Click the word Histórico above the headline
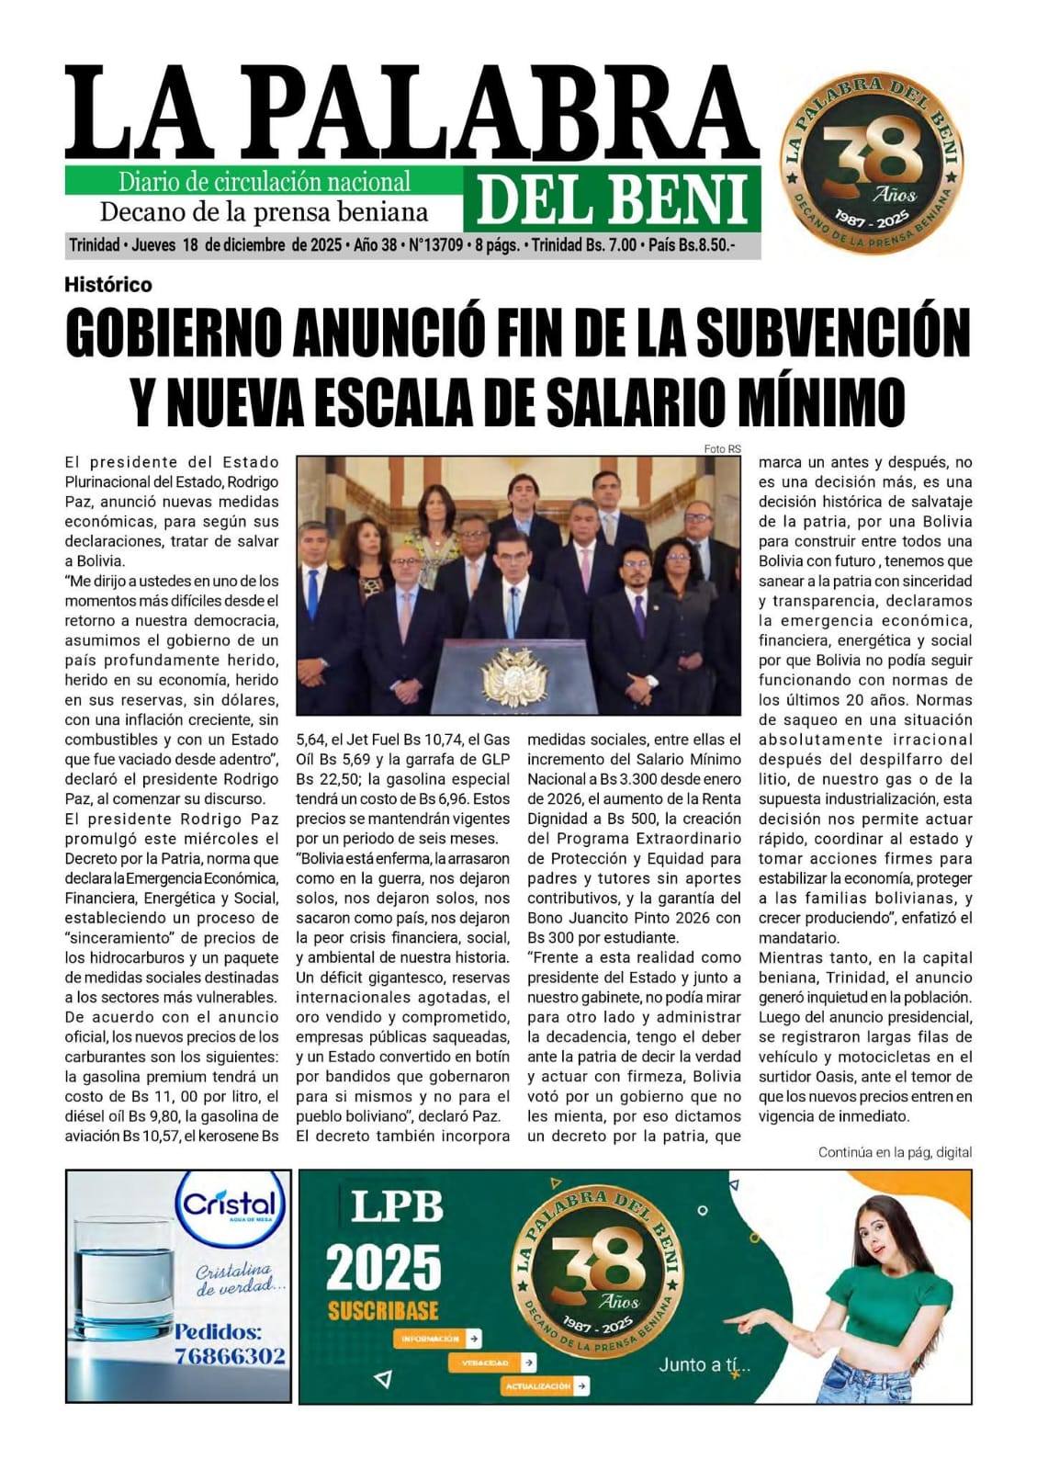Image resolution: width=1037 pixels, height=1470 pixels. tap(108, 285)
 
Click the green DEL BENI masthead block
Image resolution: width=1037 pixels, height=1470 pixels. tap(612, 198)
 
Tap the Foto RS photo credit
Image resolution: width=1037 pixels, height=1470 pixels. tap(721, 448)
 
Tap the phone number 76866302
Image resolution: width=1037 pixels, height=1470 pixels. tap(231, 1356)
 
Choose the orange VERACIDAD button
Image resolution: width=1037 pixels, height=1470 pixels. tap(492, 1363)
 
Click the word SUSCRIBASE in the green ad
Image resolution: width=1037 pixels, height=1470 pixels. tap(383, 1310)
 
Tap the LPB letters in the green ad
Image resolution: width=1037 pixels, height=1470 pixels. tap(397, 1206)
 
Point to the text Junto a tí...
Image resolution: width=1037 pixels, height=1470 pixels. tap(704, 1365)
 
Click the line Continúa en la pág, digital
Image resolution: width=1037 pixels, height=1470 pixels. tap(894, 1152)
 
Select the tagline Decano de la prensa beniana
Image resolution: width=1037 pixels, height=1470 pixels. tap(264, 212)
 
